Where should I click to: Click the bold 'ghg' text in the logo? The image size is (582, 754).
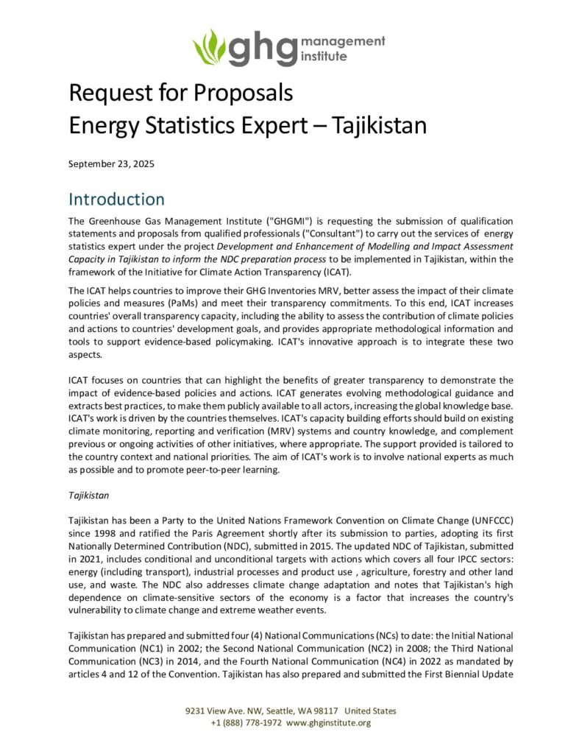261,48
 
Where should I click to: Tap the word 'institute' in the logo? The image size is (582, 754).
324,55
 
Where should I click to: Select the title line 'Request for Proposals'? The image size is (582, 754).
181,94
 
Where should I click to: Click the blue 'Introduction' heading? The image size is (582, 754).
116,200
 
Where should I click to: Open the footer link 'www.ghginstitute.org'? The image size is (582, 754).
328,722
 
